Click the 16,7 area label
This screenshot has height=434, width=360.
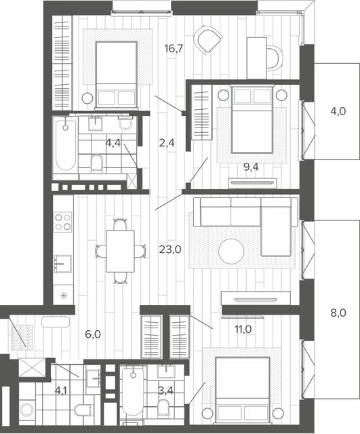[174, 49]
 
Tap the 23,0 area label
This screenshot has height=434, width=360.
[170, 250]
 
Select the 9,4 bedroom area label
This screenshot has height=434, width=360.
[251, 167]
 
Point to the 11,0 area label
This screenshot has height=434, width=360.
[243, 329]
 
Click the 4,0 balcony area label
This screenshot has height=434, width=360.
[338, 111]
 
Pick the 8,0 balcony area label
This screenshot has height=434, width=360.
[338, 313]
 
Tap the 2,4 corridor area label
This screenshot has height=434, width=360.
[167, 143]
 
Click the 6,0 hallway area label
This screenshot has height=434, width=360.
[93, 334]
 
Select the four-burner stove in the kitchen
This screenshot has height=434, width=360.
[63, 222]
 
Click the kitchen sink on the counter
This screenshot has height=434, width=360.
[63, 264]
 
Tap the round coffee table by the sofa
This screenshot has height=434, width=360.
[231, 252]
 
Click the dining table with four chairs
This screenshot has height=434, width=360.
[120, 251]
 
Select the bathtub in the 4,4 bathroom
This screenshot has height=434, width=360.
[65, 146]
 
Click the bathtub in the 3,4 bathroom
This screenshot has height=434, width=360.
[133, 391]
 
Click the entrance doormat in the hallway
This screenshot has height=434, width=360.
[22, 337]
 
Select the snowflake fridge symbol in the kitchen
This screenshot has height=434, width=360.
[64, 296]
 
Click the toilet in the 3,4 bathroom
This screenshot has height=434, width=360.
[163, 408]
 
